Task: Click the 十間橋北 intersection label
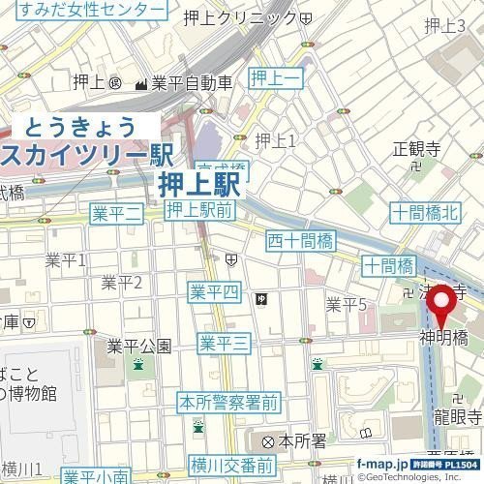425,213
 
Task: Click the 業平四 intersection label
214,292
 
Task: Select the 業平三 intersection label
225,342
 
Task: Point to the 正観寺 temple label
417,149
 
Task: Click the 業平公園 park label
138,346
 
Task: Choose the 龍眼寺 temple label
457,416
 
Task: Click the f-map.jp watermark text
385,464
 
